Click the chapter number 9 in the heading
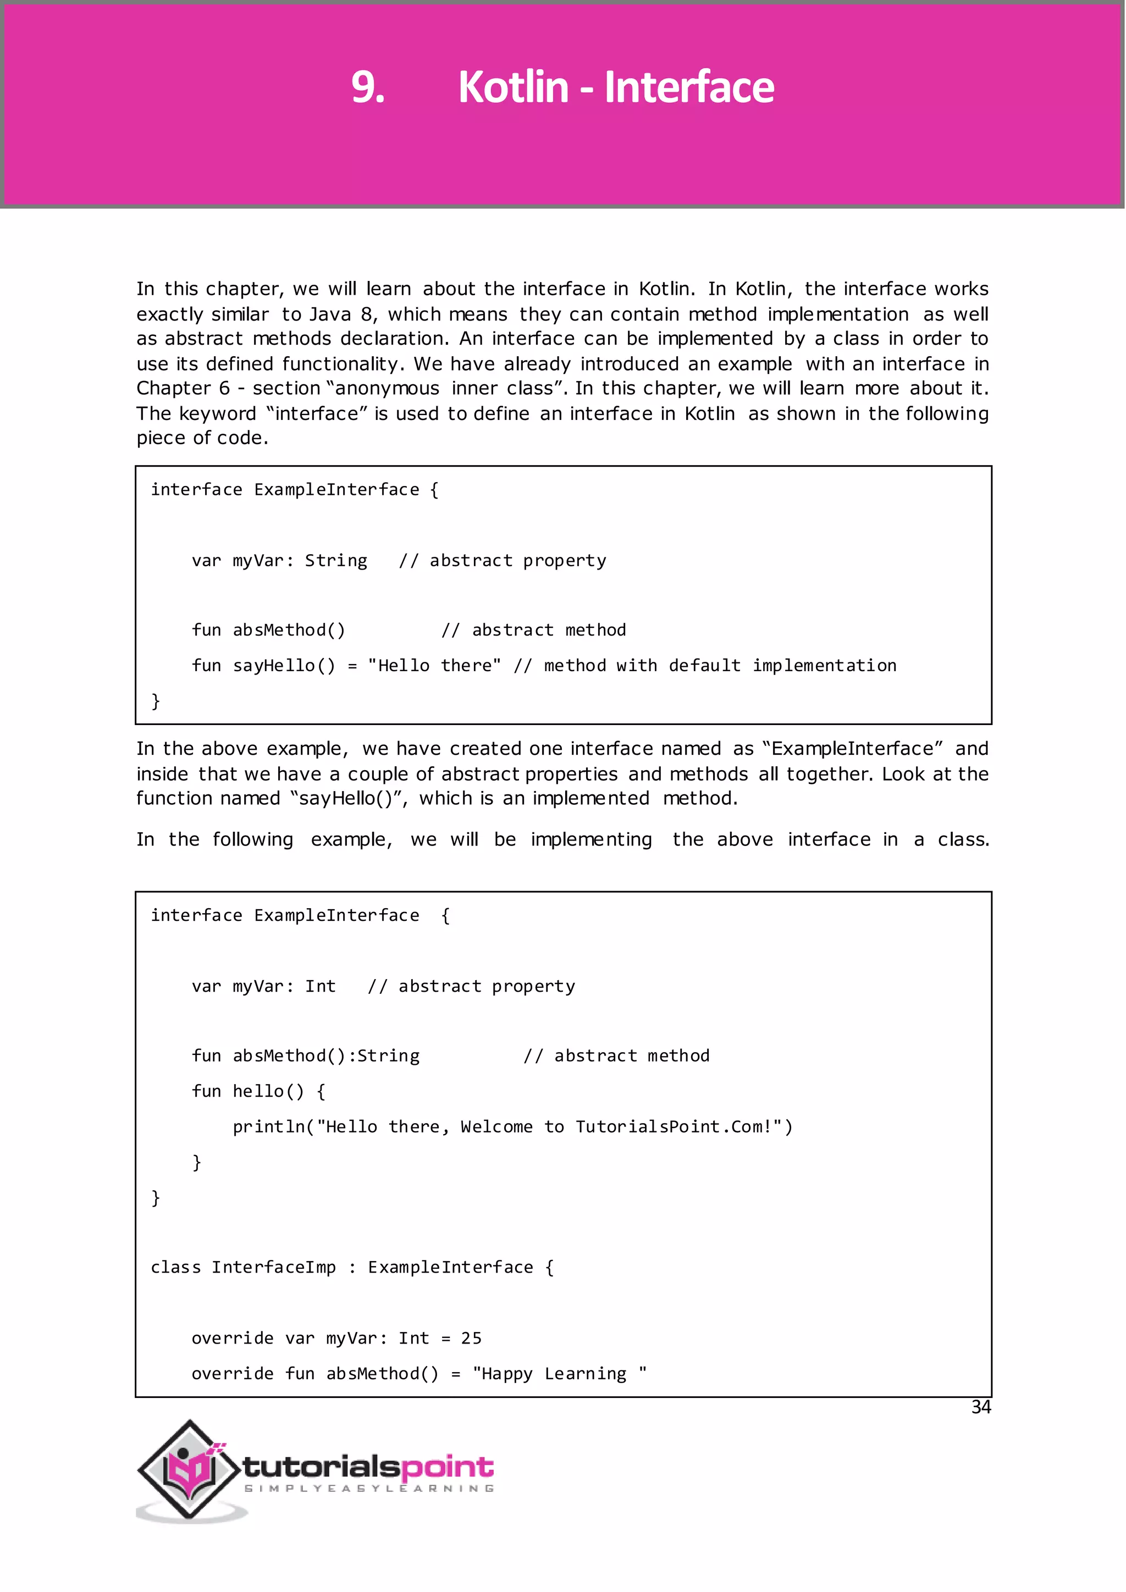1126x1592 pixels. click(367, 87)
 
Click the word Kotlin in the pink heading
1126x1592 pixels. click(513, 87)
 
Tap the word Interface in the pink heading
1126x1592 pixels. click(689, 87)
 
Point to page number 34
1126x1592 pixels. click(980, 1407)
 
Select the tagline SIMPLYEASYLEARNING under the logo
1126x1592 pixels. click(369, 1489)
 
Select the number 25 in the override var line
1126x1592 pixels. click(471, 1338)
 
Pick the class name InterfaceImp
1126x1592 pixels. click(273, 1268)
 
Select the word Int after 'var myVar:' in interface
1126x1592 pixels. click(321, 986)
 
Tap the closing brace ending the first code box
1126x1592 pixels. click(155, 701)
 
